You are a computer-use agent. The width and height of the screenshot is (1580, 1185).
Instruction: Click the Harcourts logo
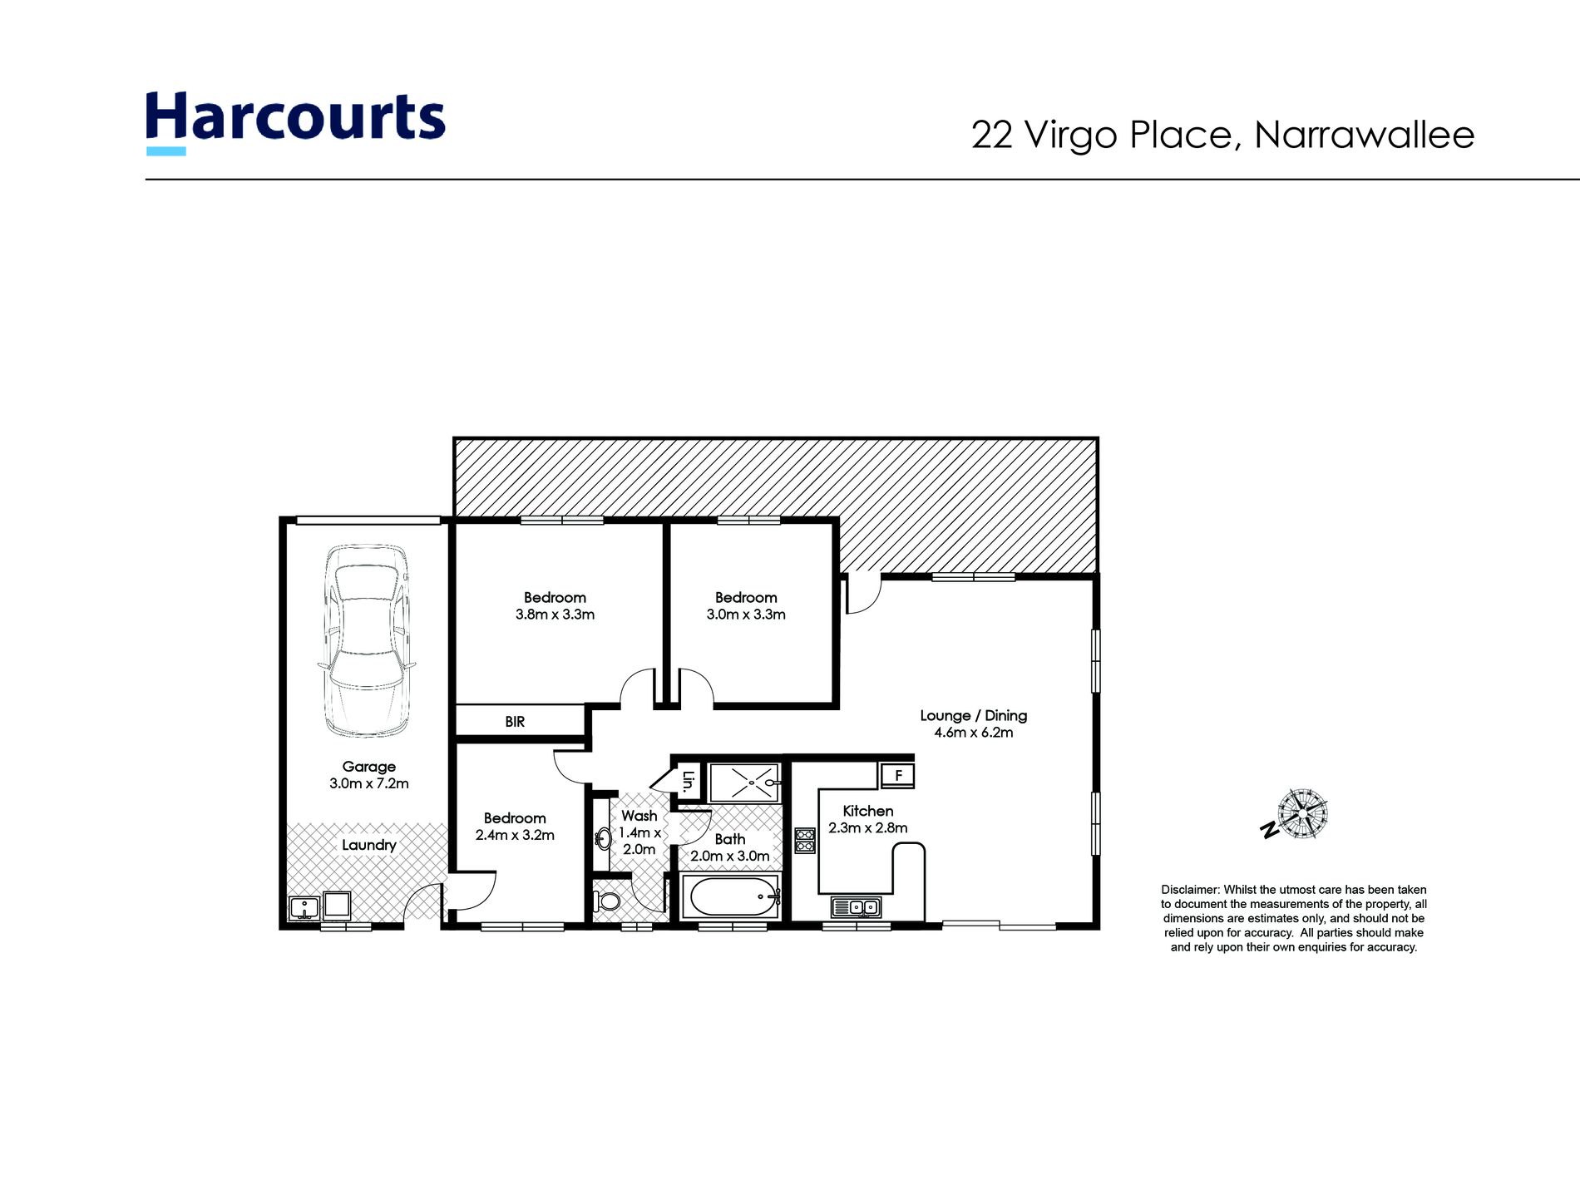pos(295,121)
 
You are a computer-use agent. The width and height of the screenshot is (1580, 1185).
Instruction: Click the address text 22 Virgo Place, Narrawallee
pos(1222,135)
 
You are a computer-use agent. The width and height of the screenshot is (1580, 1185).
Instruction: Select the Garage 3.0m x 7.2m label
pos(368,775)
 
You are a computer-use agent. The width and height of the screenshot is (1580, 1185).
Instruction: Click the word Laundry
pos(368,845)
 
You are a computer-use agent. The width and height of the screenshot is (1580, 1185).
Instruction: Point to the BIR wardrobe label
pos(515,722)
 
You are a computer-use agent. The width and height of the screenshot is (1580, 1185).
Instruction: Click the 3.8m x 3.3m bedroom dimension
pos(555,615)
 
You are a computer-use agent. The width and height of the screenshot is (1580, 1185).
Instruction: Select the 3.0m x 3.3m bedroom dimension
pos(746,615)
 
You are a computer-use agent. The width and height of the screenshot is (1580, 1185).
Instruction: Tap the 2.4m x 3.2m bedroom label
pos(515,835)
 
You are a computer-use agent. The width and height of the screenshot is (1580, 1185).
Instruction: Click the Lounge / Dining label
pos(973,715)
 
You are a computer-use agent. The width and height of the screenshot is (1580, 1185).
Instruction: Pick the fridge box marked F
pos(898,776)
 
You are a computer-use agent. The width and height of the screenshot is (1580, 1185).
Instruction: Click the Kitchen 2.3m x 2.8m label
pos(867,819)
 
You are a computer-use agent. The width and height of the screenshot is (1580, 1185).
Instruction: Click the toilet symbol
pos(608,901)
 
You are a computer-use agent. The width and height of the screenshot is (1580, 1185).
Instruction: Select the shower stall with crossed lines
pos(743,782)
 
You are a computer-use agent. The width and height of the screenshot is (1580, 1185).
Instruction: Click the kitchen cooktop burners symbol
pos(805,839)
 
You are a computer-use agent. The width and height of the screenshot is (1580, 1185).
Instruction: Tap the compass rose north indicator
pos(1301,813)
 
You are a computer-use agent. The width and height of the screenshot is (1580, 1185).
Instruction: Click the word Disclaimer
pos(1190,890)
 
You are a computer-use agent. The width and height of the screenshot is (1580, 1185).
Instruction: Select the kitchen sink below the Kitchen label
pos(857,907)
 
